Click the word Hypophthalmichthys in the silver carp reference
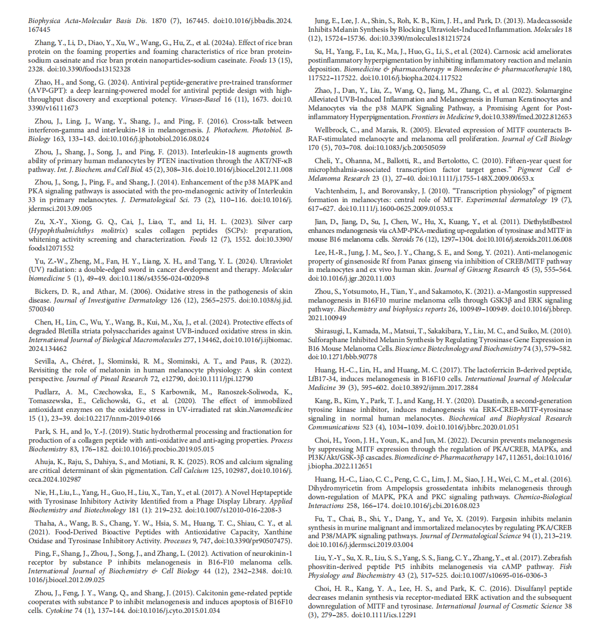point(60,231)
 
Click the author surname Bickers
point(48,292)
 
